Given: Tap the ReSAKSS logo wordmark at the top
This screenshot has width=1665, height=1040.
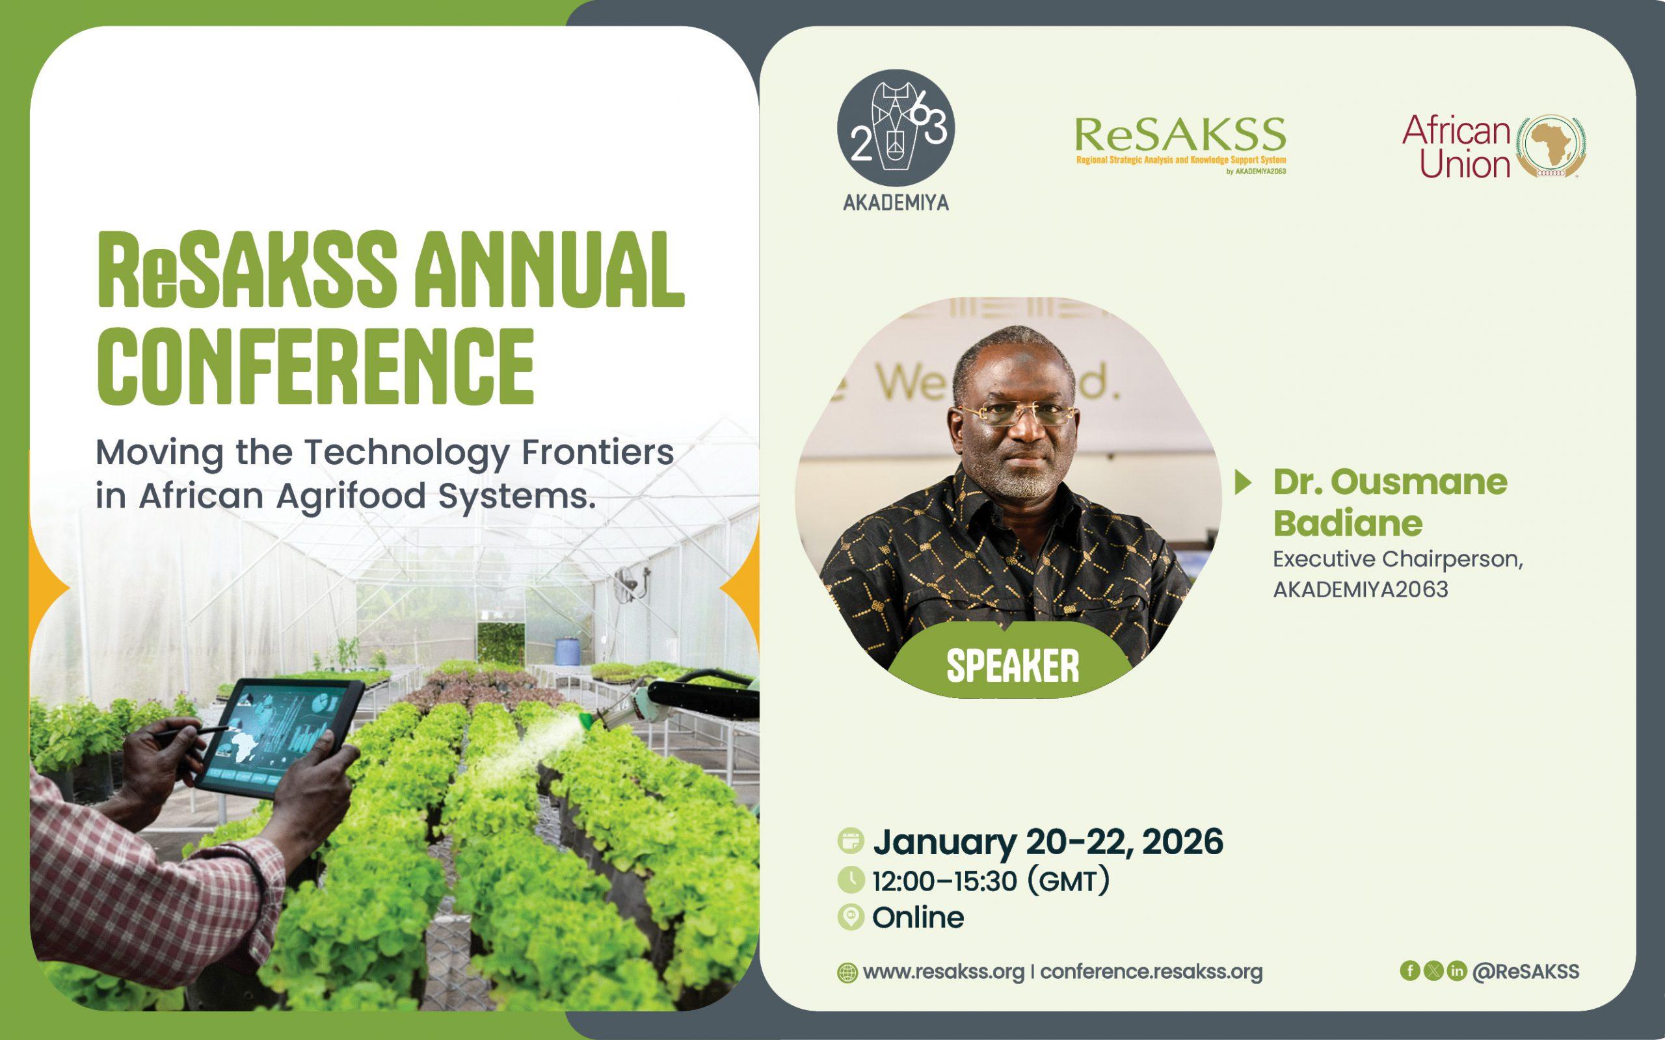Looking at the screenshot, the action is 1180,135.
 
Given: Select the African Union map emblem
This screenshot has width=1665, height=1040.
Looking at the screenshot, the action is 1552,146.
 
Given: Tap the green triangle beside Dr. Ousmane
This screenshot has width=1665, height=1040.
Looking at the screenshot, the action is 1242,482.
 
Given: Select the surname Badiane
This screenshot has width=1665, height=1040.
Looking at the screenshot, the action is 1347,523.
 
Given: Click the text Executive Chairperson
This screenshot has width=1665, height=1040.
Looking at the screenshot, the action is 1397,559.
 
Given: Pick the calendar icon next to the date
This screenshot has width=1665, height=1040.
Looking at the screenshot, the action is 851,841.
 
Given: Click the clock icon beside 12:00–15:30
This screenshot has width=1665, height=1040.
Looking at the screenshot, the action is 851,879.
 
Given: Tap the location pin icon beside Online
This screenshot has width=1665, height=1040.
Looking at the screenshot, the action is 851,918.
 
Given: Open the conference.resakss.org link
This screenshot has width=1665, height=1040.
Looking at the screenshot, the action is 1152,972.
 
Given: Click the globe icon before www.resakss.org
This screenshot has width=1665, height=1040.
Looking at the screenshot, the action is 847,972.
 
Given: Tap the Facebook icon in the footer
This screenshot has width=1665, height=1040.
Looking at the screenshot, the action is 1410,970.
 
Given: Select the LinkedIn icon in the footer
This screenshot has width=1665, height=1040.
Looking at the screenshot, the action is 1456,970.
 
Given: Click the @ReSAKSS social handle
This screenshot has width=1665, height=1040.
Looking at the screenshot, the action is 1526,971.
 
